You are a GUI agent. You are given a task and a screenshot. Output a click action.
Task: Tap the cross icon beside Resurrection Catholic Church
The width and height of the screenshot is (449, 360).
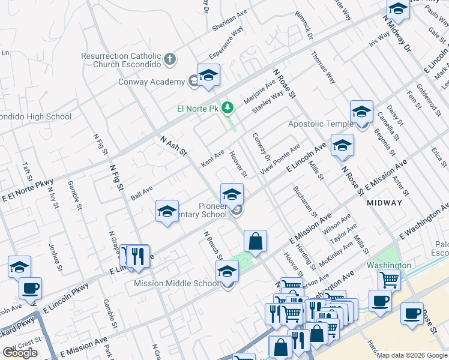coord(170,59)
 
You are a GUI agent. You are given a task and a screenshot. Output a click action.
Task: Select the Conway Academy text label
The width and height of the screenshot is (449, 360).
coord(151,82)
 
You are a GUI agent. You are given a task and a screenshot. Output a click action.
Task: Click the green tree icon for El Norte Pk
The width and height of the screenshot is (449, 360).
coord(228,108)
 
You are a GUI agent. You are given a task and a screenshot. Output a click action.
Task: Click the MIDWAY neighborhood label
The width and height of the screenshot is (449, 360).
coord(384,203)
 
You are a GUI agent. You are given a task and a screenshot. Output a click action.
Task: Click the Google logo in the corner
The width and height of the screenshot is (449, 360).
coord(20,353)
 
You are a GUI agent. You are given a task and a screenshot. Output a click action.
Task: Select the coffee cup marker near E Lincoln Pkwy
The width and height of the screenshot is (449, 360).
coord(30,287)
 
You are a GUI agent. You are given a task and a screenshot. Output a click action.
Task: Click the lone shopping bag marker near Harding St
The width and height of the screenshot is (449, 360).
coord(256,241)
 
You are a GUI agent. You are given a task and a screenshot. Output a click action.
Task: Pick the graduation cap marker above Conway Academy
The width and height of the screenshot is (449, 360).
coord(208,75)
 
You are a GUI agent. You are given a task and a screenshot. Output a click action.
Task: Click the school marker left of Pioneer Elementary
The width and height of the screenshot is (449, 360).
coord(167,211)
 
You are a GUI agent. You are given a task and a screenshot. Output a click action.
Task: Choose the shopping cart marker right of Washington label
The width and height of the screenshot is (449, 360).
coord(389,279)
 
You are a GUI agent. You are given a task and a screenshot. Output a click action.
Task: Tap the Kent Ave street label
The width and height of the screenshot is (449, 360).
coord(212,159)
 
